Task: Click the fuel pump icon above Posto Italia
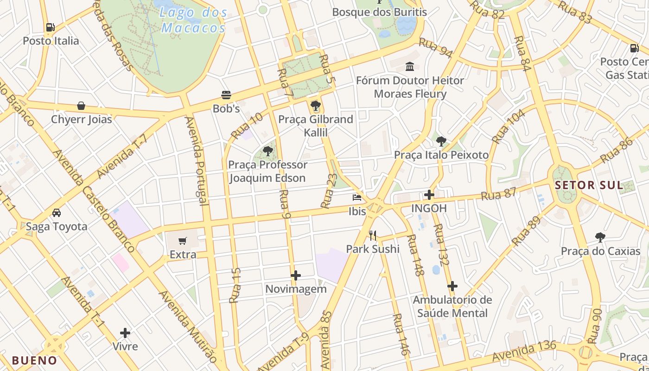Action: point(50,27)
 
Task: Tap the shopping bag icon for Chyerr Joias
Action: point(81,106)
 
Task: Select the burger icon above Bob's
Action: point(226,95)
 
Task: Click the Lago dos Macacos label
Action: point(193,20)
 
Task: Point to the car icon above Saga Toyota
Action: point(57,213)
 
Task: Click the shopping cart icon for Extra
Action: point(183,241)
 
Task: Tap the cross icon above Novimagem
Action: point(296,275)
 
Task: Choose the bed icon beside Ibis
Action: point(357,198)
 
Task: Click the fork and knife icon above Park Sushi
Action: point(373,236)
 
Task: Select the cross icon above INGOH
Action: point(429,195)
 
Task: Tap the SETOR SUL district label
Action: point(589,185)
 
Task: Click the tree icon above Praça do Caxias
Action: point(600,237)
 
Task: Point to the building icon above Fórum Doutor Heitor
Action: point(410,67)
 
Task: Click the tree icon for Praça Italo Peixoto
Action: point(441,141)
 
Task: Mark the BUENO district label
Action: point(34,360)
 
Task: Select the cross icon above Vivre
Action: point(125,333)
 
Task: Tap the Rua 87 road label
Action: point(498,194)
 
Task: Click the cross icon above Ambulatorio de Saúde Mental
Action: point(452,286)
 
